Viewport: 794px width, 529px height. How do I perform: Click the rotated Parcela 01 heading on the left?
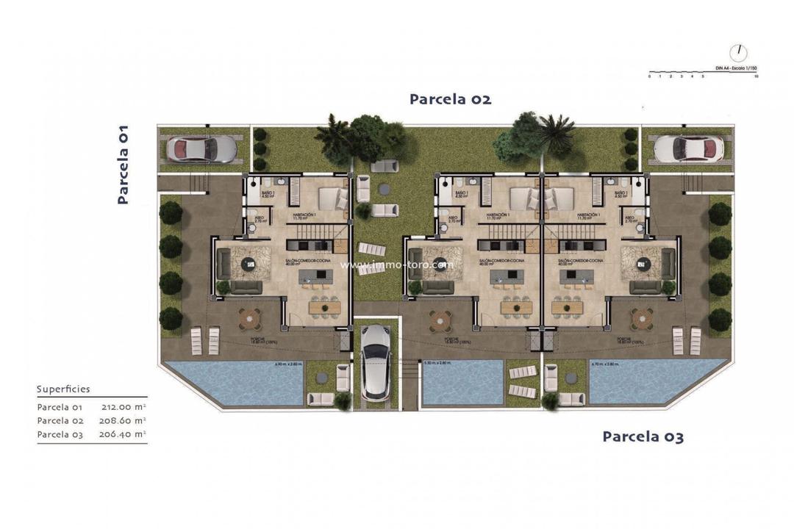(123, 163)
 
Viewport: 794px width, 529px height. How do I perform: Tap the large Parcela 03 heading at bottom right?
(643, 436)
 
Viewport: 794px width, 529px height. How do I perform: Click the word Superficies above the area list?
(63, 389)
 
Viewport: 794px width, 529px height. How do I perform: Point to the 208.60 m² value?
(123, 421)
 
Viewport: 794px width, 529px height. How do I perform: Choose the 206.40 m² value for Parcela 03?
(123, 435)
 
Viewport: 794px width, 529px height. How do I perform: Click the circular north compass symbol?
(738, 53)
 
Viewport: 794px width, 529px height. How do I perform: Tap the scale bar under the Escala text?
(702, 76)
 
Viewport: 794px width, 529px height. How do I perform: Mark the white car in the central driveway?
(376, 361)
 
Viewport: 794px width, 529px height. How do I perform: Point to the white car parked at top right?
(688, 148)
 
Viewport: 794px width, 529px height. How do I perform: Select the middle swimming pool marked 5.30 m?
(462, 381)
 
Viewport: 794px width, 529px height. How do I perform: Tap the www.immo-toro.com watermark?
(397, 264)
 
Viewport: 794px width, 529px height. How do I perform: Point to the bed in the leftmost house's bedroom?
(332, 198)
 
